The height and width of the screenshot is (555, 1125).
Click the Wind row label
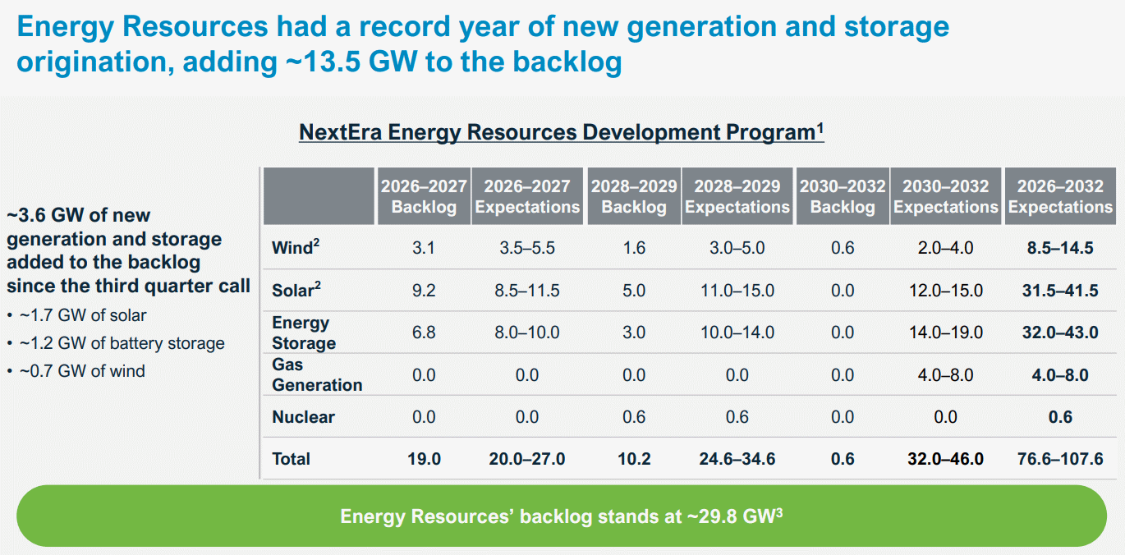292,247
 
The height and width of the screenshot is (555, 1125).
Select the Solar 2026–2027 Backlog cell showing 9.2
424,291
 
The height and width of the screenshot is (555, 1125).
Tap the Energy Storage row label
304,333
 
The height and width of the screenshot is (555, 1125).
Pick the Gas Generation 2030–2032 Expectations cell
945,375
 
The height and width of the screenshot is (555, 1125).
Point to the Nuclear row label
303,417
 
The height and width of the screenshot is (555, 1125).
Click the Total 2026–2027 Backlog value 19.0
424,459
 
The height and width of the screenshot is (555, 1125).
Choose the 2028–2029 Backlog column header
633,196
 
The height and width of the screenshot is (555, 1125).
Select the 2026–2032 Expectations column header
1060,196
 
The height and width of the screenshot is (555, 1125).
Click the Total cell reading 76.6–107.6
1060,459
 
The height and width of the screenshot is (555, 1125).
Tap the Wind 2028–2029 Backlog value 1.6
634,247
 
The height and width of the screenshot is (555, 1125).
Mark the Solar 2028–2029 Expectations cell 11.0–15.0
737,291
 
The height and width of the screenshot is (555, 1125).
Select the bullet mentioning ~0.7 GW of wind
82,371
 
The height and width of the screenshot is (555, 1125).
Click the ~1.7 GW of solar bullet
83,315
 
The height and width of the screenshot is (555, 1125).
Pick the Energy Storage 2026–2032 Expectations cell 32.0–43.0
1060,333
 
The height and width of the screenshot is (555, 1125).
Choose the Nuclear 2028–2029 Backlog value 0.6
634,417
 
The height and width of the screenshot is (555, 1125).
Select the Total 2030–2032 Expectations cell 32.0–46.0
945,459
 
